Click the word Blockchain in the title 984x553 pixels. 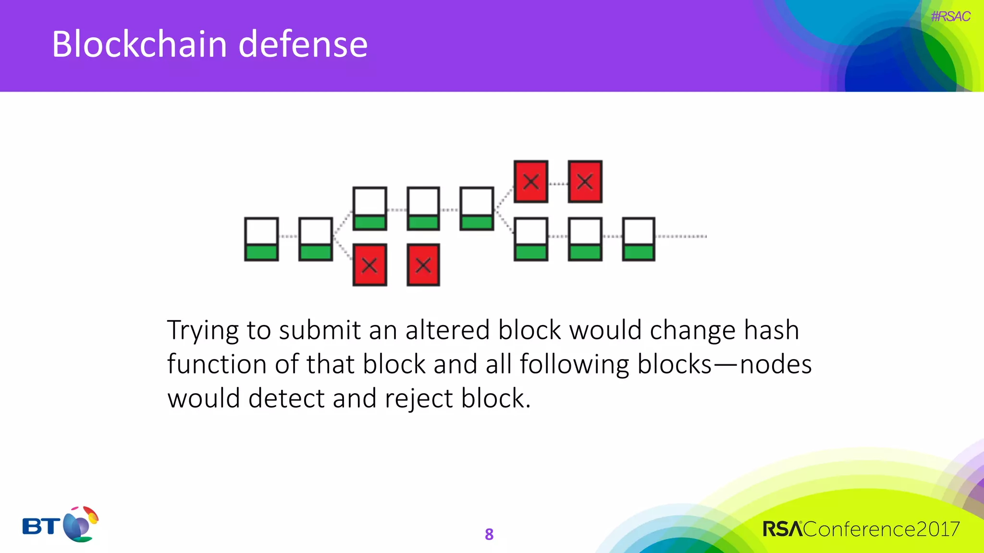click(x=139, y=44)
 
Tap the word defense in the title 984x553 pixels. click(x=303, y=44)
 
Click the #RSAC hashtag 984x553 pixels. click(x=950, y=17)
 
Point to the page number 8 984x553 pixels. click(x=489, y=534)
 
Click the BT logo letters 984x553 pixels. click(x=41, y=527)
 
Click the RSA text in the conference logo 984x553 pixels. click(x=782, y=529)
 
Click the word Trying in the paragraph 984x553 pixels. click(x=203, y=331)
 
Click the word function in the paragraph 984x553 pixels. click(x=217, y=364)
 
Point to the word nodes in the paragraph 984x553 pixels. click(x=775, y=365)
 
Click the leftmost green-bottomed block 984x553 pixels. click(x=261, y=239)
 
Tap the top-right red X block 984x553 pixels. click(x=585, y=181)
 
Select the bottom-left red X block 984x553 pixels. click(x=369, y=265)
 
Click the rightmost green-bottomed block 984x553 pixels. click(x=639, y=239)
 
